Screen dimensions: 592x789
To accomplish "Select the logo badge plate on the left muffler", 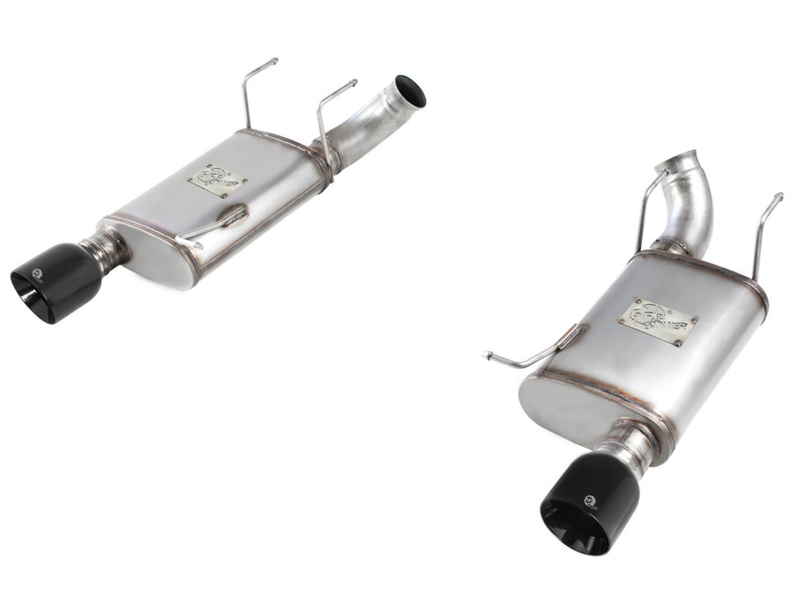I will pyautogui.click(x=217, y=180).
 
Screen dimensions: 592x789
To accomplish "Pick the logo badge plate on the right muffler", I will pyautogui.click(x=657, y=322).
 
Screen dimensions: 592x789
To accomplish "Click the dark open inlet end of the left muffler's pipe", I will pyautogui.click(x=410, y=91).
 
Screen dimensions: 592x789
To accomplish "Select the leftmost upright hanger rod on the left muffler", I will pyautogui.click(x=247, y=94).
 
